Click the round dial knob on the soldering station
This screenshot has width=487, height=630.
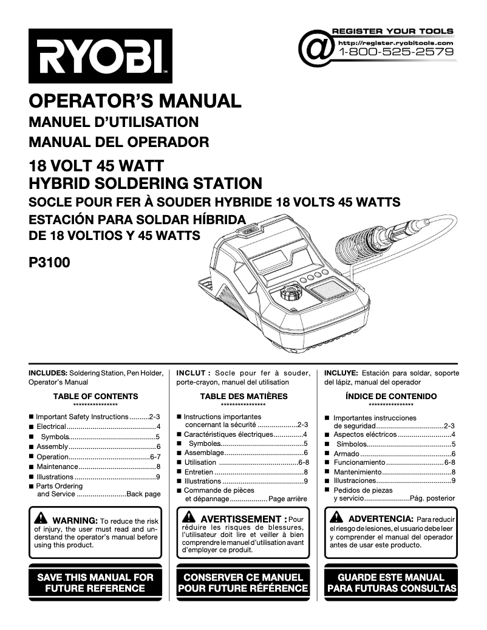(290, 298)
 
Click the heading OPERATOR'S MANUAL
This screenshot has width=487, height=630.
(135, 100)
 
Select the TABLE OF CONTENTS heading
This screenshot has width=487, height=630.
(95, 397)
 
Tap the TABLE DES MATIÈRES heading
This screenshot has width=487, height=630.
(243, 397)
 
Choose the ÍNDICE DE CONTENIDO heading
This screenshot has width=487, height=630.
(391, 397)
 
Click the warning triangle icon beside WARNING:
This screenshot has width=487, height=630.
(41, 519)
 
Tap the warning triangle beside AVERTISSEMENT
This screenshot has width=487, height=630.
(189, 519)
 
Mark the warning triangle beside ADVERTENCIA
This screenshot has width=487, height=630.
(336, 519)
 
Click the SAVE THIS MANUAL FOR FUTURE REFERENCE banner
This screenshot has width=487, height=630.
(95, 583)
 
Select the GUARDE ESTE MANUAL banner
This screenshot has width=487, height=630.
(391, 583)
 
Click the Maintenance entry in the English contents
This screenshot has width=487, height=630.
(57, 467)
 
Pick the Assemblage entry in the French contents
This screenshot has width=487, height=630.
(204, 453)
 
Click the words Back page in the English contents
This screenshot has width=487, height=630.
(143, 495)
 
